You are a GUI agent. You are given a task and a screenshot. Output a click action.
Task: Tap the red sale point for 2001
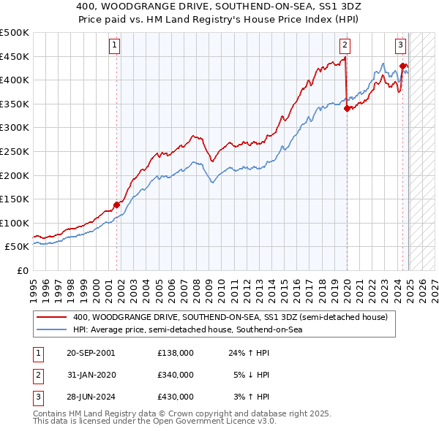point(116,205)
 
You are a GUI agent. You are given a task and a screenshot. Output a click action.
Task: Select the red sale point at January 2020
point(347,109)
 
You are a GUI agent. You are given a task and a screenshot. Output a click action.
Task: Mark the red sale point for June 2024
point(403,66)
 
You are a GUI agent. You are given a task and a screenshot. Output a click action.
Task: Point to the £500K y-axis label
point(15,33)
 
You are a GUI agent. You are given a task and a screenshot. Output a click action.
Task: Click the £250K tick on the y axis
point(15,151)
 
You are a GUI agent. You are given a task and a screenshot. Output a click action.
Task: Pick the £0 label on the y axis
point(23,270)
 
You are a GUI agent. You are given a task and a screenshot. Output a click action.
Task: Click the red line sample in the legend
point(51,317)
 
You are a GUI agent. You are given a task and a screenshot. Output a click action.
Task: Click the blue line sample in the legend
point(51,330)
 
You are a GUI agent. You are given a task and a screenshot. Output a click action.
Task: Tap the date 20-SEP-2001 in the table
point(90,353)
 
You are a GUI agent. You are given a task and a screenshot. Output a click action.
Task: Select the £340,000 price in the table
point(176,375)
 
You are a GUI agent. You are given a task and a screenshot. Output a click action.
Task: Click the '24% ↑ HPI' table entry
point(249,353)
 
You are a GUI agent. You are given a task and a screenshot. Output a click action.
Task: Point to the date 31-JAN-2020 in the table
point(90,375)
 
